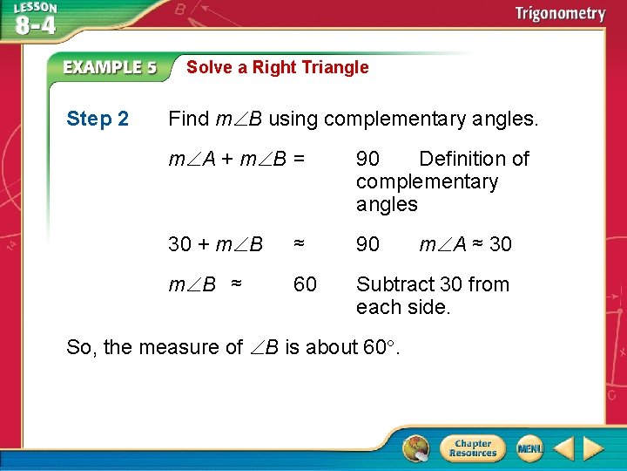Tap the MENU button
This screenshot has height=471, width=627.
pos(529,448)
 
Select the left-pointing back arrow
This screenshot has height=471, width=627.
pos(564,448)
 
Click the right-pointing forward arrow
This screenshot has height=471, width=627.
pos(594,448)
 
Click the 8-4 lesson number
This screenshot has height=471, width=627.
pos(35,25)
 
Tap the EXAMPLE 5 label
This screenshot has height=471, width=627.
pos(110,67)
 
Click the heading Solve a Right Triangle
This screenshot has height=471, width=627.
pos(277,67)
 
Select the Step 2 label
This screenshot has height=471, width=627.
pos(98,119)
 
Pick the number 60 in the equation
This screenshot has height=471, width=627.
pos(305,284)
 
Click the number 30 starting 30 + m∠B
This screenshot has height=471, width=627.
pos(179,244)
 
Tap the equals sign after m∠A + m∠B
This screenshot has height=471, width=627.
pos(299,159)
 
